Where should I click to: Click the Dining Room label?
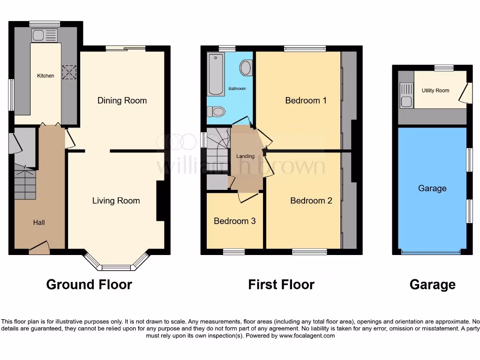122,100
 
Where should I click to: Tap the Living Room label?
116,201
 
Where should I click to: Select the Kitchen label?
45,76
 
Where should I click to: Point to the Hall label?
39,222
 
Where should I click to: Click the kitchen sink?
45,35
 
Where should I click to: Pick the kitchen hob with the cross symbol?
69,72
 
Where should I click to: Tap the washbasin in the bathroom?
246,69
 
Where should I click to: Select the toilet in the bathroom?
216,112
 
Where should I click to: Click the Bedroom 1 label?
306,100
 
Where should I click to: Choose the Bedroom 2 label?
311,201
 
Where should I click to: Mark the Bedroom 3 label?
234,221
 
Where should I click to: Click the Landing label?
245,156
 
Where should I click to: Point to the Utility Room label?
435,90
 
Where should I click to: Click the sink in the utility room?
406,95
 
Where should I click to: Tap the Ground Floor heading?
89,284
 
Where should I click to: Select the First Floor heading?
281,284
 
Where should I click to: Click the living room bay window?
116,267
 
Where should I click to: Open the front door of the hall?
39,247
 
